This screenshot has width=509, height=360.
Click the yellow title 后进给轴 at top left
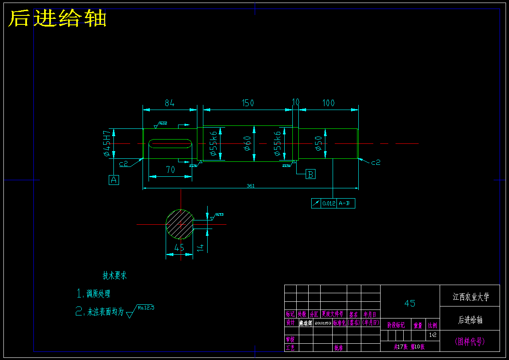(x=57, y=19)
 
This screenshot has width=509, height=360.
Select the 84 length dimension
(x=170, y=103)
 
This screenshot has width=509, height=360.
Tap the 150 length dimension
(x=247, y=103)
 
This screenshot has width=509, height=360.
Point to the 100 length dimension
(x=328, y=103)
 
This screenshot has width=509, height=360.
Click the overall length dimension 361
(x=250, y=186)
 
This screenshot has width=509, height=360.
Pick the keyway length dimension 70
(x=170, y=170)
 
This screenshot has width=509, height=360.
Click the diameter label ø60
(x=247, y=143)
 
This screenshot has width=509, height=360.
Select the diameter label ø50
(x=318, y=143)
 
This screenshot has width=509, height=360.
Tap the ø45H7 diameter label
(x=106, y=143)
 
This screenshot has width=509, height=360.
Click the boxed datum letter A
(x=114, y=180)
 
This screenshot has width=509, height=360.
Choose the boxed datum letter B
(x=311, y=174)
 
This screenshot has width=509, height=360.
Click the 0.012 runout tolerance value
(x=328, y=204)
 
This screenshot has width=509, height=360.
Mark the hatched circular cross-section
(x=180, y=224)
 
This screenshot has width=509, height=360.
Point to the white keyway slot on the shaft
(x=170, y=143)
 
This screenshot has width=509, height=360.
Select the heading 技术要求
(x=114, y=275)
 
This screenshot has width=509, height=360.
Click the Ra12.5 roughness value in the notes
(x=146, y=307)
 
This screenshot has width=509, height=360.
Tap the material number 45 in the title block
(x=410, y=303)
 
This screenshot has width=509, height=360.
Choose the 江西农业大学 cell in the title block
(x=470, y=296)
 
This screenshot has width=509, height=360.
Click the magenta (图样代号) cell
(x=470, y=342)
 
